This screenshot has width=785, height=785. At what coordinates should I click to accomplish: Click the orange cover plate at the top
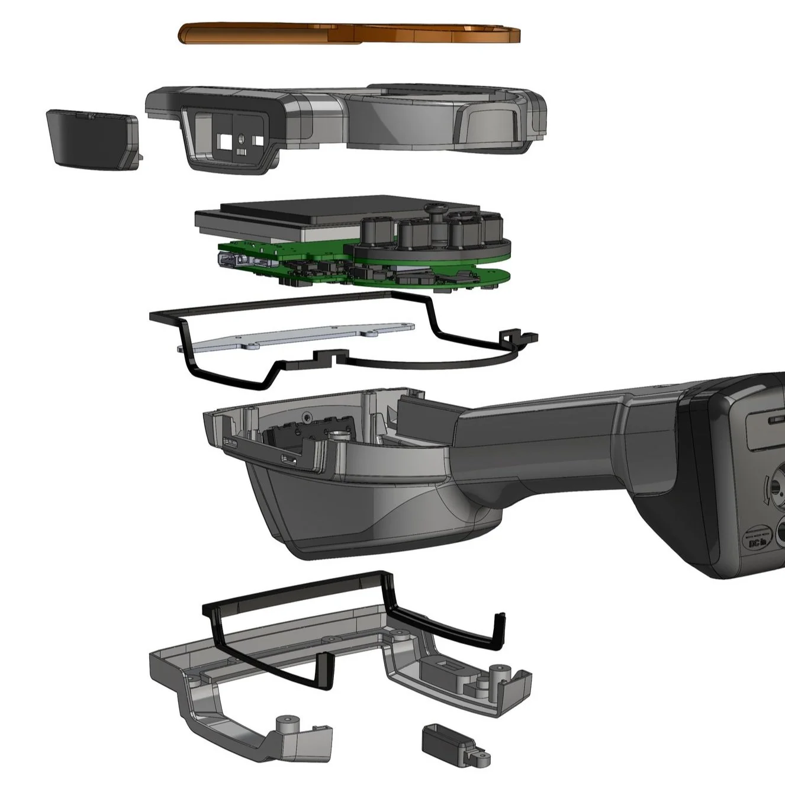pyautogui.click(x=349, y=33)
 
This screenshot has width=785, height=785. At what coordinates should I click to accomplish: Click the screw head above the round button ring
pyautogui.click(x=439, y=208)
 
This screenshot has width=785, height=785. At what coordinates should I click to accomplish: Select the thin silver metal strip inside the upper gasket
pyautogui.click(x=296, y=339)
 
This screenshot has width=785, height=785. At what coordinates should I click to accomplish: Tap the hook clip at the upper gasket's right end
pyautogui.click(x=516, y=339)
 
